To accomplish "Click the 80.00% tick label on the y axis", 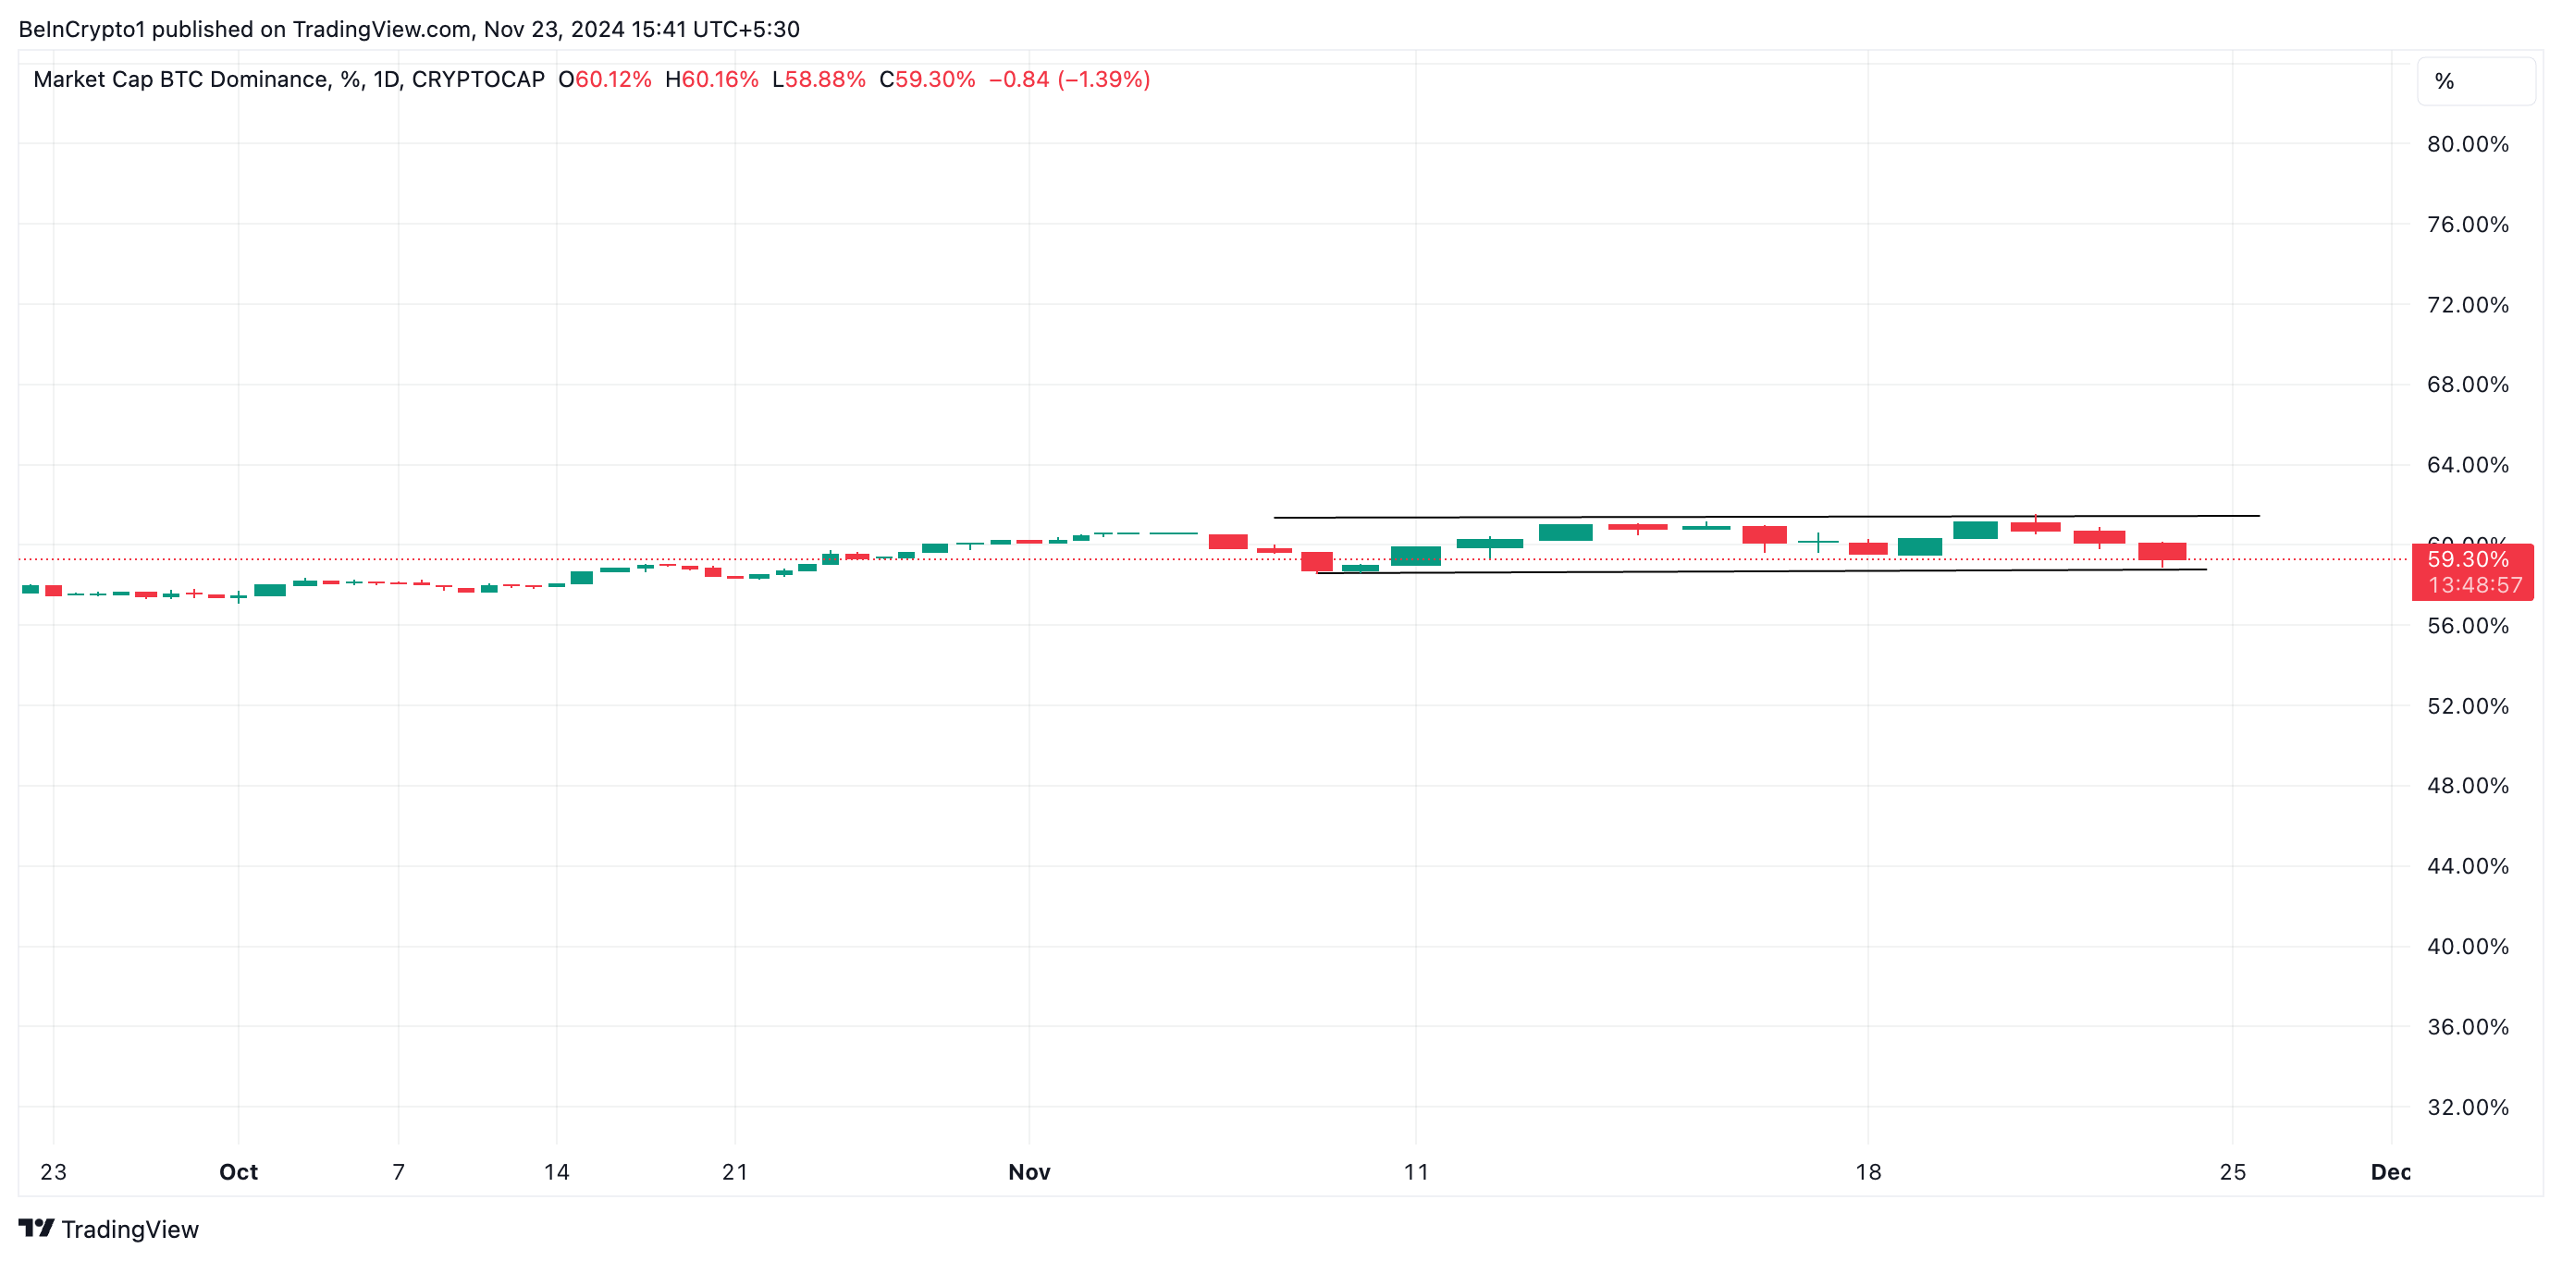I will [2467, 144].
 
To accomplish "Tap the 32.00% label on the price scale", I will [2467, 1107].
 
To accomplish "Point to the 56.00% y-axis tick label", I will [2467, 626].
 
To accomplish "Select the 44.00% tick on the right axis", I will [2467, 866].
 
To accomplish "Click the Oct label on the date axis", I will [239, 1171].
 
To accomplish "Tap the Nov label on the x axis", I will [1029, 1171].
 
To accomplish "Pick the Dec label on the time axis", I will [2390, 1171].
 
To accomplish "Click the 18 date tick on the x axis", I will [1867, 1171].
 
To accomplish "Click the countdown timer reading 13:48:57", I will [2474, 585].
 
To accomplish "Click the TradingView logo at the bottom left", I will [109, 1230].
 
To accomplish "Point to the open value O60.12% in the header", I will [605, 80].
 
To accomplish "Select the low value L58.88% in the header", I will [819, 80].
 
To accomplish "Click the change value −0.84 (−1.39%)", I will [1069, 80].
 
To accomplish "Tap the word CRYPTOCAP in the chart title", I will [477, 80].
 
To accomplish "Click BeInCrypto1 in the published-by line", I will [81, 29].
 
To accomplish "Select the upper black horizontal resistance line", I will [1766, 516].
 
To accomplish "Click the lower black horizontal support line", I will [1760, 570].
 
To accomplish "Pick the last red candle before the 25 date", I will [2162, 551].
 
